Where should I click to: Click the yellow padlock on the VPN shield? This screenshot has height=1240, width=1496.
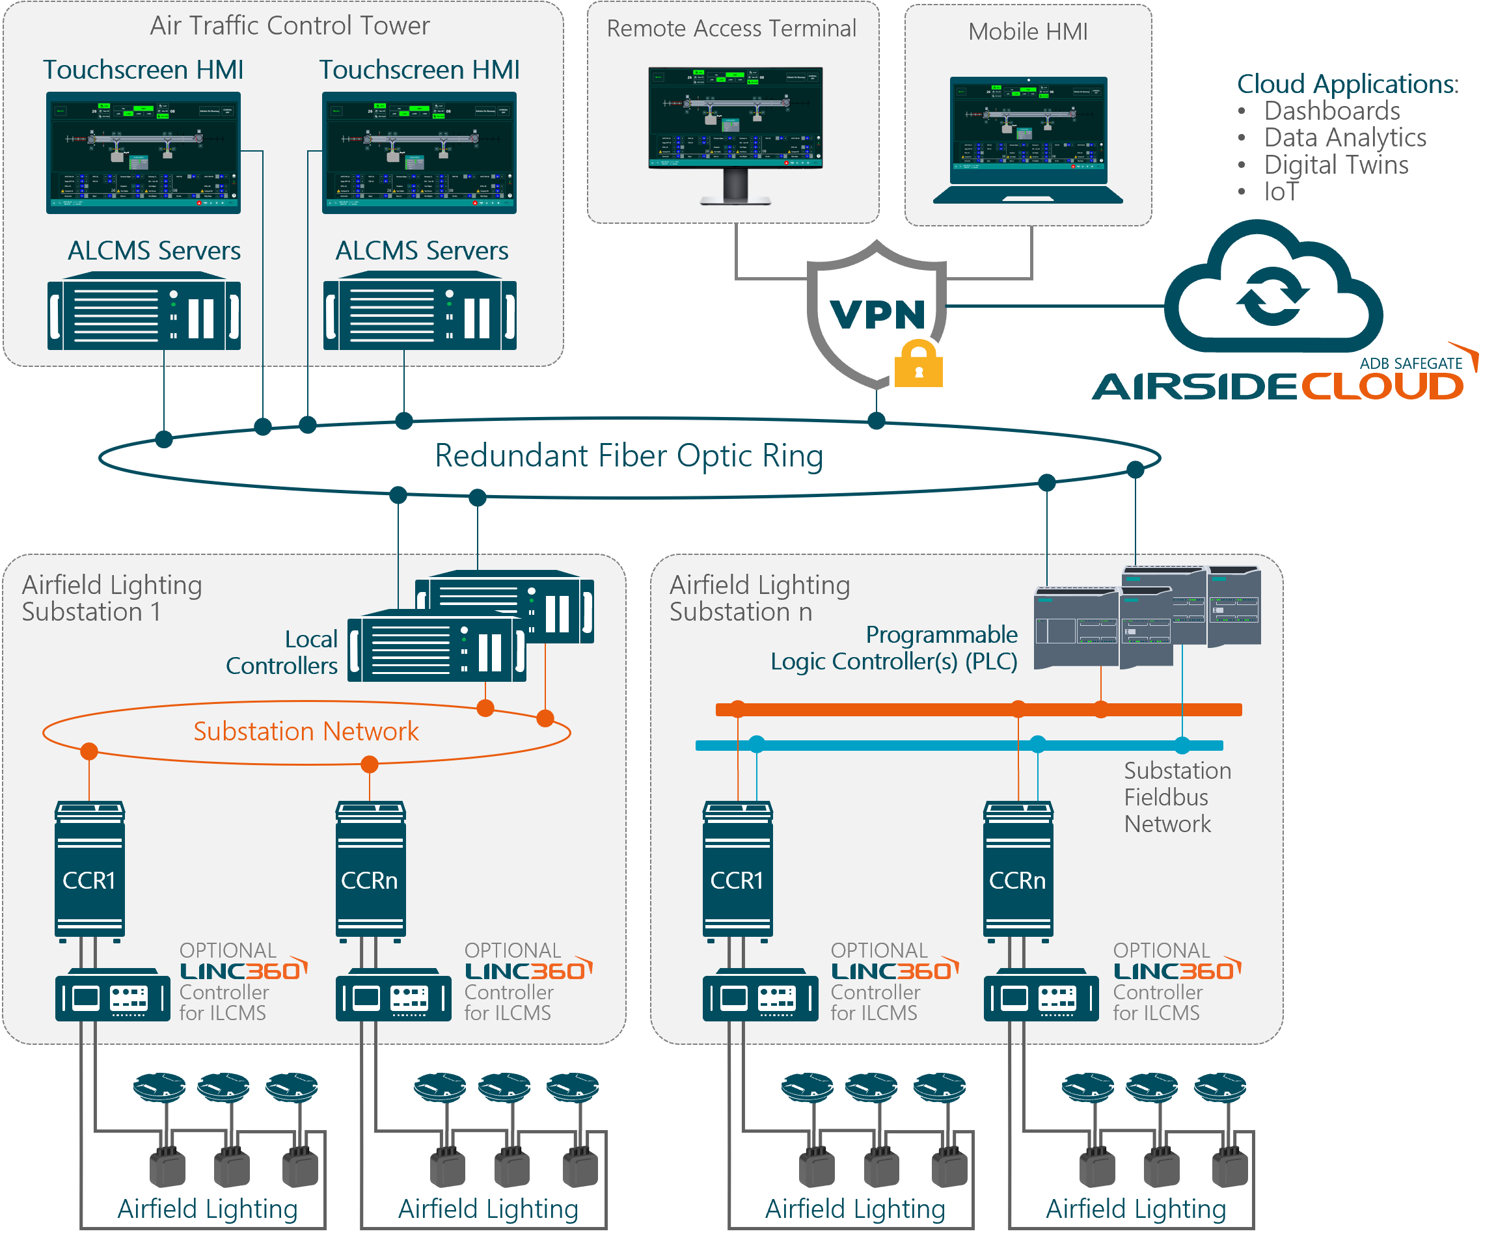tap(918, 365)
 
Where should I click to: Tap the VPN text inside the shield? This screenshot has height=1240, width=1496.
tap(878, 314)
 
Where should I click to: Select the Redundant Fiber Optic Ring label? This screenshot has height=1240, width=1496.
tap(629, 456)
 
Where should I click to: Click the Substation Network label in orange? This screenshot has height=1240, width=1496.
tap(306, 731)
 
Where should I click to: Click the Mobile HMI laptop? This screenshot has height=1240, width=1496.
tap(1028, 139)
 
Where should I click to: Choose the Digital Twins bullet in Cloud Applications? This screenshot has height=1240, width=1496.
tap(1336, 165)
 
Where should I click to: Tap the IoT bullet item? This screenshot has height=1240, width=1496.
tap(1281, 191)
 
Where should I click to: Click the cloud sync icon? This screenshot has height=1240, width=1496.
tap(1273, 298)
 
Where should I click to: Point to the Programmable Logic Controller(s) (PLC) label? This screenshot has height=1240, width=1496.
tap(894, 648)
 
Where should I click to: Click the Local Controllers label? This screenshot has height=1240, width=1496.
tap(282, 653)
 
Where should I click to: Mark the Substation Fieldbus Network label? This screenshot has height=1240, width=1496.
tap(1177, 797)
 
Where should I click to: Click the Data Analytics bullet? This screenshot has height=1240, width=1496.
tap(1345, 137)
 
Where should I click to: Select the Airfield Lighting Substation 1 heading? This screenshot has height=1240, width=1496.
tap(112, 599)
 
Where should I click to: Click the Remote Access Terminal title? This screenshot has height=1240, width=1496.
tap(731, 29)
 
